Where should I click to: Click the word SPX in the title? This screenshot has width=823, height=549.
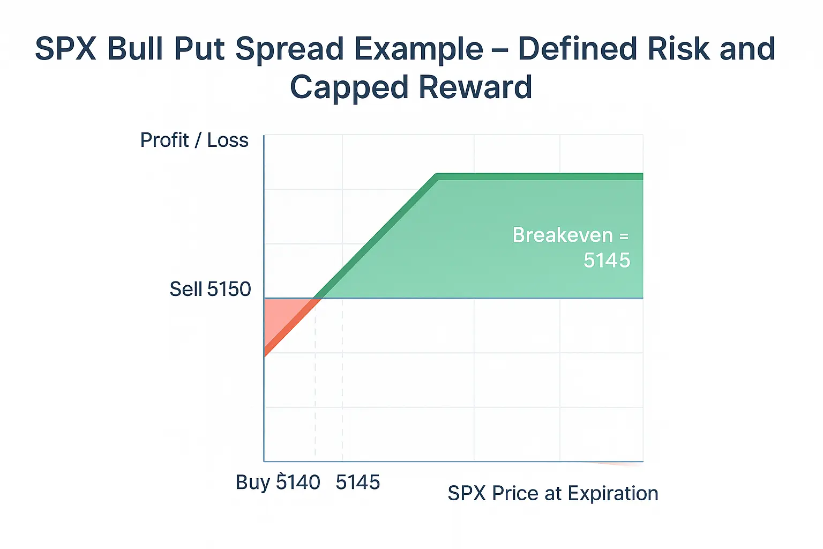coord(65,49)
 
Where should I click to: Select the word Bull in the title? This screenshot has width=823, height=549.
coord(134,49)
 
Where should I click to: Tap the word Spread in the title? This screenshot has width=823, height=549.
coord(290,49)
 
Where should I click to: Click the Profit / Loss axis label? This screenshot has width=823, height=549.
coord(194,140)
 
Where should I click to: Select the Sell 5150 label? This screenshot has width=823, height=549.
coord(210,289)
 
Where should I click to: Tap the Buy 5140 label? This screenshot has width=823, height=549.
coord(278,482)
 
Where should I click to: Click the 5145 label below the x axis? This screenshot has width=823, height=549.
coord(357,482)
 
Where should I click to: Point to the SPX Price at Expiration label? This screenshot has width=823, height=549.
coord(552,493)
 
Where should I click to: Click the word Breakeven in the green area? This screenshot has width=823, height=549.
coord(563,235)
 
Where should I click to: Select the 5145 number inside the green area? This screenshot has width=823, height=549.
coord(607,261)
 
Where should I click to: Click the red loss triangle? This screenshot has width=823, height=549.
coord(279,316)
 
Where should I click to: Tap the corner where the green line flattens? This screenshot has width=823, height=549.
coord(437,177)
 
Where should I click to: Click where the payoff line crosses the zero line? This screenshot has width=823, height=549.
coord(317,298)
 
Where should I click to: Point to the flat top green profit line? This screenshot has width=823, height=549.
coord(541,177)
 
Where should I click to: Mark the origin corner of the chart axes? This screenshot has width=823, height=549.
coord(264,461)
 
